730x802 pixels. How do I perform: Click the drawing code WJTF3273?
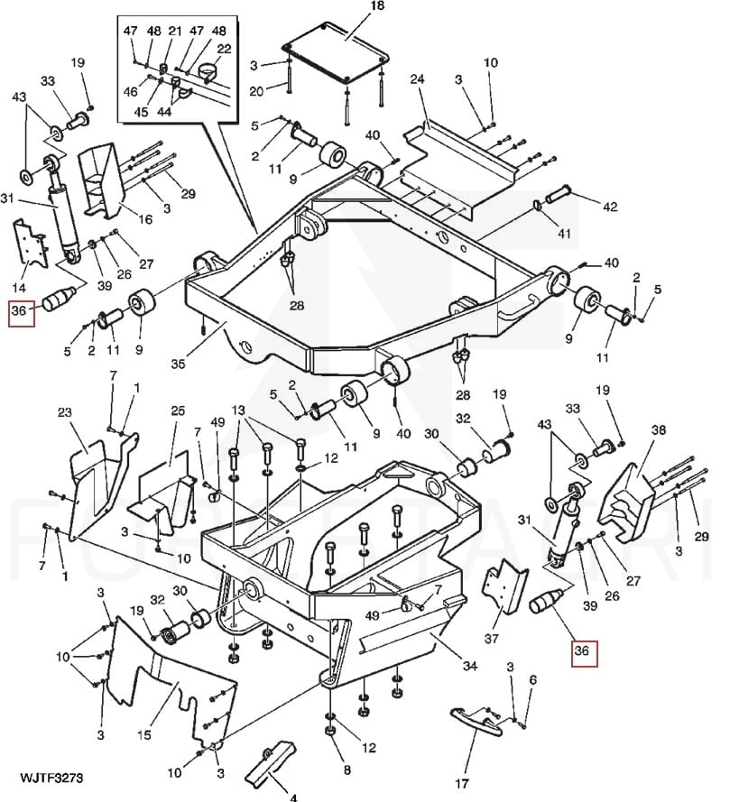tap(51, 778)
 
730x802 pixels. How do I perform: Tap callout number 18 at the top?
tap(377, 6)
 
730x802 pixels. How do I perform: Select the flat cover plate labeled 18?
tap(335, 51)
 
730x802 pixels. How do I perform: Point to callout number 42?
tap(610, 207)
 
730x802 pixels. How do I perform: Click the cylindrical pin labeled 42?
tap(559, 194)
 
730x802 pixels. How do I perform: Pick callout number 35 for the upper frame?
tap(178, 364)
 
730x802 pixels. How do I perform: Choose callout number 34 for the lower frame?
tap(469, 666)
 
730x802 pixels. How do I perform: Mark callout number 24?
tap(418, 79)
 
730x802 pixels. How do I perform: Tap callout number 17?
tap(461, 784)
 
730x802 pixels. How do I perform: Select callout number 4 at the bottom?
tap(293, 797)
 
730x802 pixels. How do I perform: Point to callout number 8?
tap(347, 770)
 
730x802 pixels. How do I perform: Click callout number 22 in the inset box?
tap(224, 49)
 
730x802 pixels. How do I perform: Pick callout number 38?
tap(659, 429)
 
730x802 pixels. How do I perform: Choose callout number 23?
tap(64, 412)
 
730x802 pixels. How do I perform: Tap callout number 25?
tap(178, 411)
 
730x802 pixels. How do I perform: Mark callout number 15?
tap(144, 735)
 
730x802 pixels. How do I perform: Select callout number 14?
tap(19, 287)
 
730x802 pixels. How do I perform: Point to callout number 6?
tap(533, 679)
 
